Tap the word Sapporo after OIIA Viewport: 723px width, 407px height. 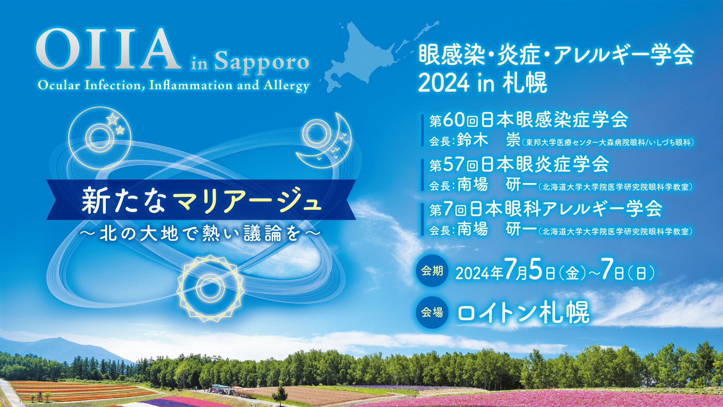262,62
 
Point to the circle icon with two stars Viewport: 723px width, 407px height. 100,138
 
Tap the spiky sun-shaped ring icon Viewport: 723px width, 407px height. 210,288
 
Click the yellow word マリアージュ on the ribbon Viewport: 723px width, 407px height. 247,200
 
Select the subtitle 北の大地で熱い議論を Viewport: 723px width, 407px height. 201,233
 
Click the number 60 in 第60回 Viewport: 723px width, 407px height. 454,120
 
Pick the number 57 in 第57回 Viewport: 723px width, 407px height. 454,164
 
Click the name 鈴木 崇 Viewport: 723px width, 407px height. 488,140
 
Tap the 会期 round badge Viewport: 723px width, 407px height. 432,271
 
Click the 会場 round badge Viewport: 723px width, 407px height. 432,312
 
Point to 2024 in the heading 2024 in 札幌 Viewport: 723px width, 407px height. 444,83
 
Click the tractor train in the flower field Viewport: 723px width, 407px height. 231,391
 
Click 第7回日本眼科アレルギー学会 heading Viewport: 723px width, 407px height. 546,209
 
